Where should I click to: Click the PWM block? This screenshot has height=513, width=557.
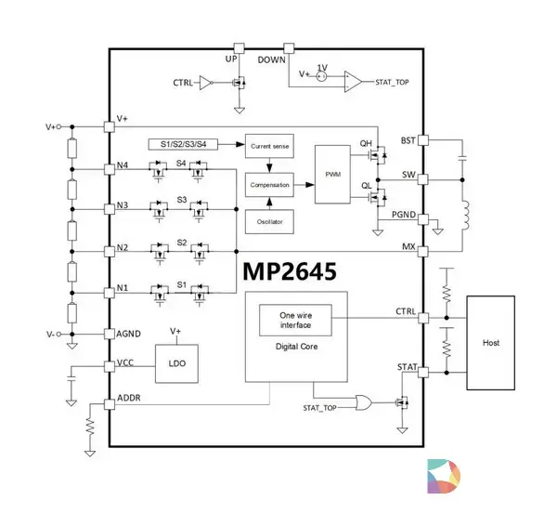click(x=330, y=174)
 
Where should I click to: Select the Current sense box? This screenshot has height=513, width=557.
click(x=269, y=147)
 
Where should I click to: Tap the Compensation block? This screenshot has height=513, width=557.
click(x=269, y=185)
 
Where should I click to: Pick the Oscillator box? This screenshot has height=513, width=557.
click(x=269, y=223)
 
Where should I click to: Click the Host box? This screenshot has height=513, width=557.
click(x=491, y=343)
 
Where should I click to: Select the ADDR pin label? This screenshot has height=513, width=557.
click(x=129, y=401)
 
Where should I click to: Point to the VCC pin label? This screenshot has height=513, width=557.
click(x=125, y=364)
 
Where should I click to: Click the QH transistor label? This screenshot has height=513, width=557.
click(x=366, y=144)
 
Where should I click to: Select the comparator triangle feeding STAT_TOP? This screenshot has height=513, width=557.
click(x=353, y=82)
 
